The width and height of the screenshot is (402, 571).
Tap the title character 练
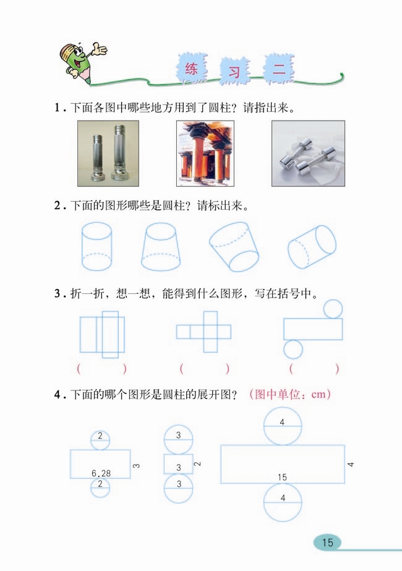(x=191, y=70)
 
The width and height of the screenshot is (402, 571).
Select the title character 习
(x=234, y=72)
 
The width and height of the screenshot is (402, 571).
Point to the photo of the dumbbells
(x=308, y=153)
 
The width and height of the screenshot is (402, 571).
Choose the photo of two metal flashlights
(x=108, y=153)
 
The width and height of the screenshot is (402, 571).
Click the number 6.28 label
(x=101, y=473)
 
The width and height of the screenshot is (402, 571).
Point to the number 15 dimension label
(x=282, y=477)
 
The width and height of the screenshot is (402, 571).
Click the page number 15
(x=327, y=543)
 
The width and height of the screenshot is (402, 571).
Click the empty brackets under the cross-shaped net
(x=205, y=369)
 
